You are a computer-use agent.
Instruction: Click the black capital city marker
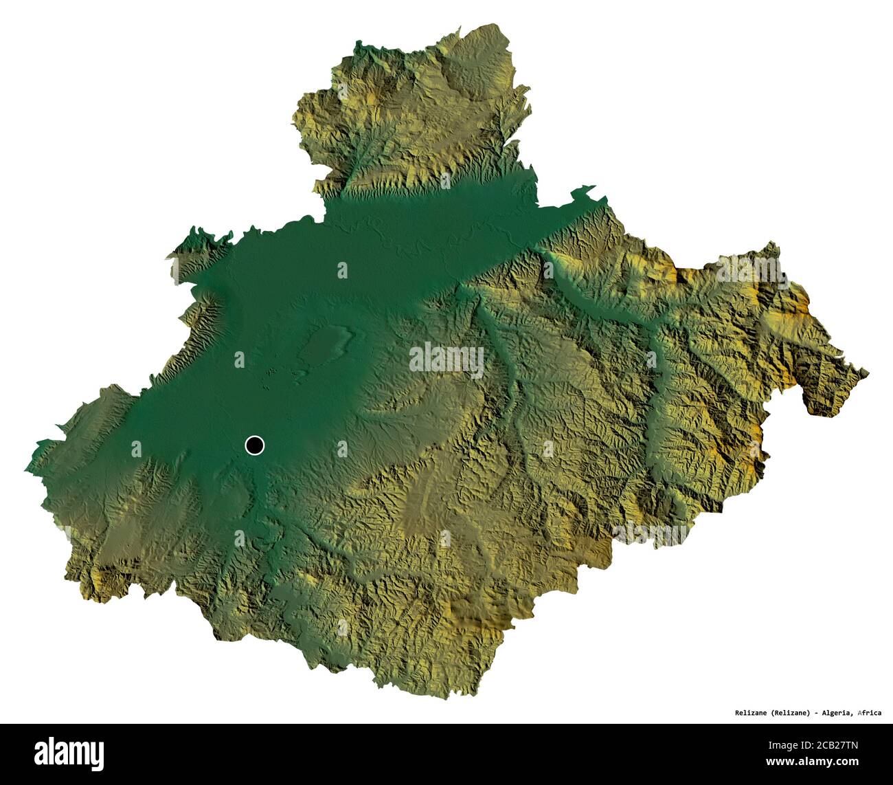tap(254, 445)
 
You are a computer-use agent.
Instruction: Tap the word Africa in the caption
tap(870, 713)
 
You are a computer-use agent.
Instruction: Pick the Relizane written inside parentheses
tap(789, 713)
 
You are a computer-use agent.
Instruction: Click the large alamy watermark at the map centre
tap(447, 359)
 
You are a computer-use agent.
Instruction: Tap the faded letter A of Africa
tap(859, 713)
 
